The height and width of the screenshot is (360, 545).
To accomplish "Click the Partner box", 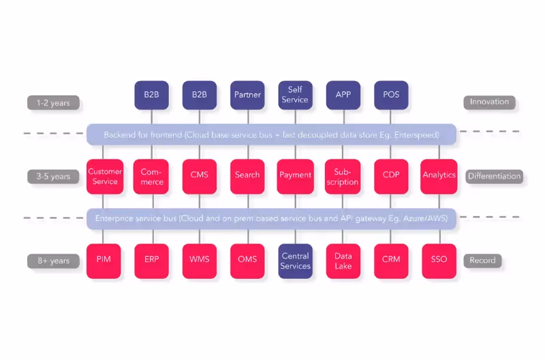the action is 247,95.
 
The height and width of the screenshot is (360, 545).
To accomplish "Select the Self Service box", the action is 295,95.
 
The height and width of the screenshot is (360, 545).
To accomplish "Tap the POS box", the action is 391,95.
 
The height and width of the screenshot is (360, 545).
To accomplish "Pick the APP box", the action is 343,95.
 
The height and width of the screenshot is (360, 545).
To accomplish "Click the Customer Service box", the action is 105,176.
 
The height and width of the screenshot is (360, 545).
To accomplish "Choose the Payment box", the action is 295,176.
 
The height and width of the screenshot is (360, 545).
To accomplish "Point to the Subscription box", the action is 343,176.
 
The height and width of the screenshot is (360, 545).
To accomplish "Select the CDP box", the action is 391,176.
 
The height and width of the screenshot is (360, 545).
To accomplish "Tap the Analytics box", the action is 439,176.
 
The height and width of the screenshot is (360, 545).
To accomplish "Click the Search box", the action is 247,176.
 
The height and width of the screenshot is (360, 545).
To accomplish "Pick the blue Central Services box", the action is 295,260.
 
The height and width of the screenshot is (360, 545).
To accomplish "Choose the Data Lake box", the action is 343,260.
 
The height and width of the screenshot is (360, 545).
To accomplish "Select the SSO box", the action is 439,260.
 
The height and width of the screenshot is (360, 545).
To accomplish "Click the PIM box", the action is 104,260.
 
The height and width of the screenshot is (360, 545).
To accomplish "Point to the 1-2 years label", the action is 53,103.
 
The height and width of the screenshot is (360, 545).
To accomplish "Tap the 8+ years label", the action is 53,260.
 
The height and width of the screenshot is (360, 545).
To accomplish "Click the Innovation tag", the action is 489,102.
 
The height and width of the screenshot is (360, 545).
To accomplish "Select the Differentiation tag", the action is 494,176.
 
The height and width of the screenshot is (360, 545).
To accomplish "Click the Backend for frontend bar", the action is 271,135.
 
